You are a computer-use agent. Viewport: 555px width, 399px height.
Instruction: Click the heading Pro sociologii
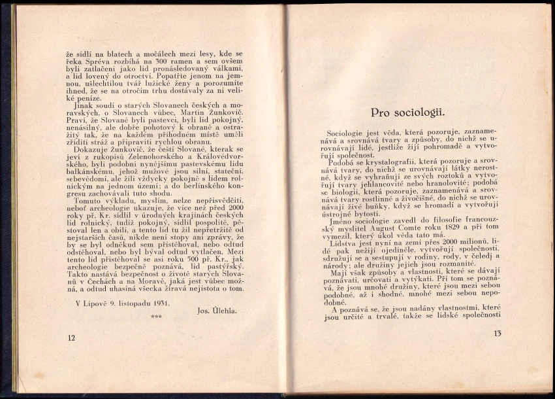point(407,113)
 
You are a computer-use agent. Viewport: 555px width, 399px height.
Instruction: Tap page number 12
point(71,338)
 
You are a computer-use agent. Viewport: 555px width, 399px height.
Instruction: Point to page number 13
point(498,334)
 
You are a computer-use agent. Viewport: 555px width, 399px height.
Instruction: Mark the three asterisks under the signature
point(156,317)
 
